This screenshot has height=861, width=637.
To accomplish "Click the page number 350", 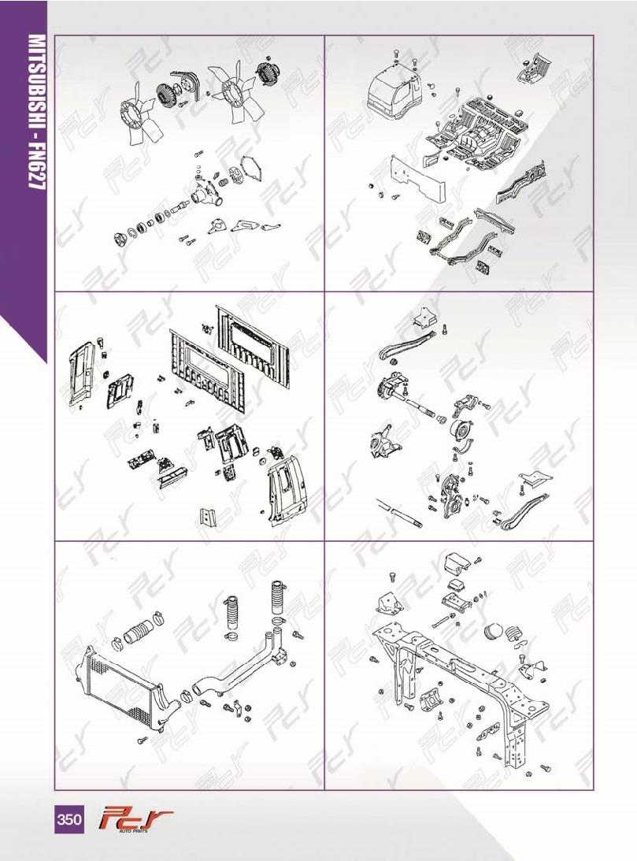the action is tap(69, 819).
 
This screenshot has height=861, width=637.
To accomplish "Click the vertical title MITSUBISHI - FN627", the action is tap(36, 112).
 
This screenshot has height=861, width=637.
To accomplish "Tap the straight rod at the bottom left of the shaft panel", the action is tap(399, 513).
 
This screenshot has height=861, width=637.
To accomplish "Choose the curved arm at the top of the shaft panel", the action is tap(406, 343).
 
